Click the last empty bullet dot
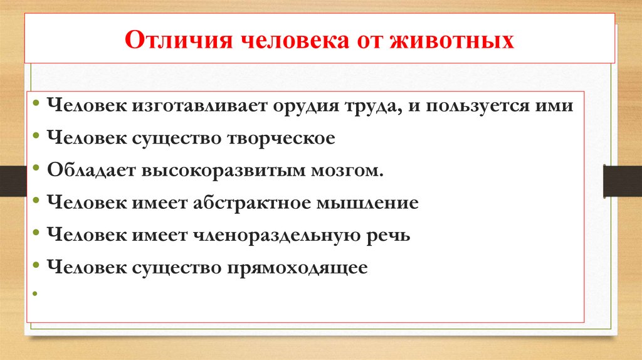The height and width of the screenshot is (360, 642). point(39,294)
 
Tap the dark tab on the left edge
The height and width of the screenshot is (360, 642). point(11,180)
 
